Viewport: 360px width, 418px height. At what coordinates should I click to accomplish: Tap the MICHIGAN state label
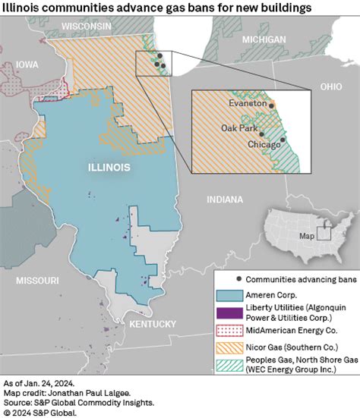[264, 39]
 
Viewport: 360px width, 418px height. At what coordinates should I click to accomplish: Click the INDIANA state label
[225, 200]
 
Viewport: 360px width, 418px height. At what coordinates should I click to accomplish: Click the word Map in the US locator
[306, 236]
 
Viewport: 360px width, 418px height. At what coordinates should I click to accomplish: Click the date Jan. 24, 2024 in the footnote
[49, 384]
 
